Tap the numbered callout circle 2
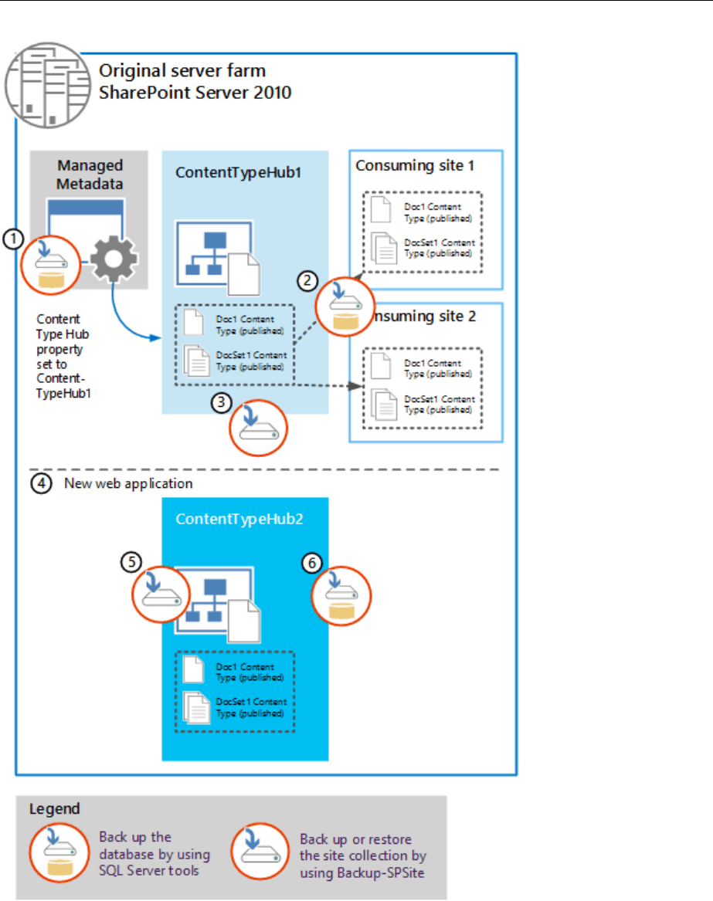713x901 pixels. point(308,281)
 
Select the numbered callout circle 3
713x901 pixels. point(222,401)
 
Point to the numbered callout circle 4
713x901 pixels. point(41,485)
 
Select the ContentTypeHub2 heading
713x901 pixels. point(239,519)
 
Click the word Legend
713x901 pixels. point(54,809)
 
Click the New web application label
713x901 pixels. point(127,485)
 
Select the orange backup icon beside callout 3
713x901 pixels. point(257,427)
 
